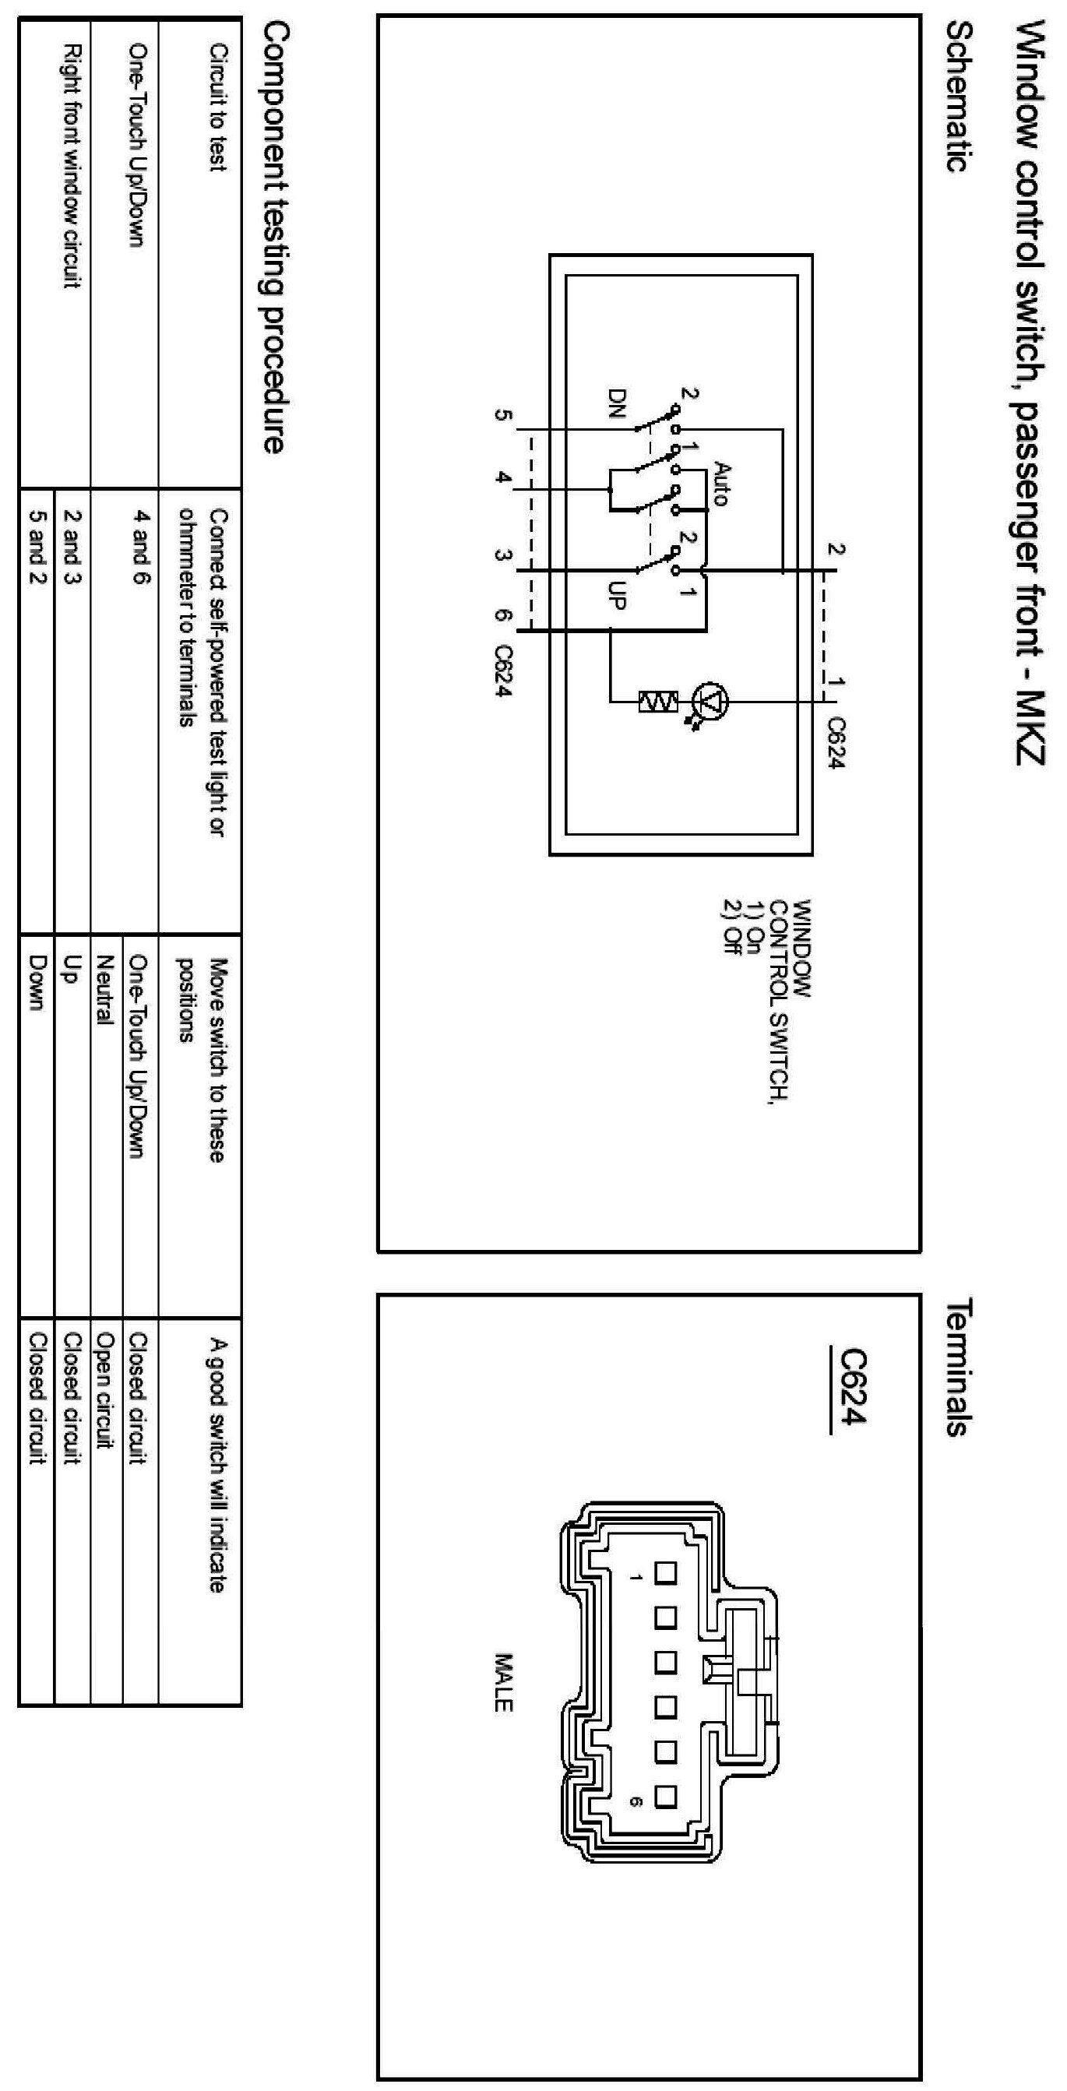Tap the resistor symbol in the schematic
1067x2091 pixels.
pos(657,702)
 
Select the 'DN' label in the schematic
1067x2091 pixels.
pos(618,403)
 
